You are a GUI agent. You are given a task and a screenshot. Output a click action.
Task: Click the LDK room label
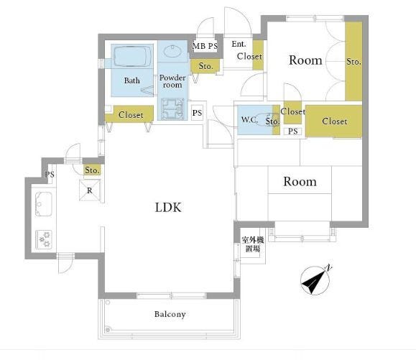tap(168, 207)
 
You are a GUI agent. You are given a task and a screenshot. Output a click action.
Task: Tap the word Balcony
tap(170, 314)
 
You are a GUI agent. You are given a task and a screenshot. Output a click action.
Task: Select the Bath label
tap(132, 80)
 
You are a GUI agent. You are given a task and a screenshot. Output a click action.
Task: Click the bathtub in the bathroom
tap(132, 57)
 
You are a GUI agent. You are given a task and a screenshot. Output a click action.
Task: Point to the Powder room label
tap(172, 81)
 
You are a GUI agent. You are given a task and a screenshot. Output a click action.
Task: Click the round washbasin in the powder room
tap(172, 51)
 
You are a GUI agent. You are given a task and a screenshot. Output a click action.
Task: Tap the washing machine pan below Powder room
tap(172, 109)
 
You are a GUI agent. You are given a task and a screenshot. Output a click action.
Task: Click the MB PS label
tap(205, 46)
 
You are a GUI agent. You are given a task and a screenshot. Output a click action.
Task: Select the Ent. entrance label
tap(239, 44)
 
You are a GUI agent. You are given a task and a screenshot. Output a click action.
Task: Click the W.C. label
tap(249, 120)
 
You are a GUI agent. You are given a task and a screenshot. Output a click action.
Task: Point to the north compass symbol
tap(316, 280)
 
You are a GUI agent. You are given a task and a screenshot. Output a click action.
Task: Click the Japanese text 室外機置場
tap(253, 244)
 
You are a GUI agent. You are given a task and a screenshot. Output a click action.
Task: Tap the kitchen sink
tap(44, 204)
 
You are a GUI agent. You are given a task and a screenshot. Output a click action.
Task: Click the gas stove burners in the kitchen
tap(44, 239)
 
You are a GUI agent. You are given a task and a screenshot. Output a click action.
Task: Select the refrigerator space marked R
tap(90, 190)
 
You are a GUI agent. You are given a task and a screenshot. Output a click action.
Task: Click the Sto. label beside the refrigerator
tap(93, 170)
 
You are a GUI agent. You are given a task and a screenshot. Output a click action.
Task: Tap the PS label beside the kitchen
tap(50, 175)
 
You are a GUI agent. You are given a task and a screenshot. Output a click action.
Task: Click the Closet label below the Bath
tap(131, 115)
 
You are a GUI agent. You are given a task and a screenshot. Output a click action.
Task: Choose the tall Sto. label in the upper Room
tap(353, 62)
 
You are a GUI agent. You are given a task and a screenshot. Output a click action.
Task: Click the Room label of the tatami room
tap(300, 182)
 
